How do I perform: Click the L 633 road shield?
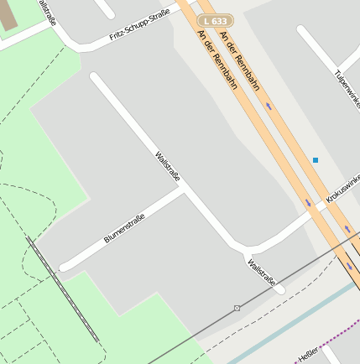coord(216,19)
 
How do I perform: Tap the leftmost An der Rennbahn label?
coord(216,60)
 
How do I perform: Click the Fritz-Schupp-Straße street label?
coord(139,24)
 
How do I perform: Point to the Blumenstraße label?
coord(124,228)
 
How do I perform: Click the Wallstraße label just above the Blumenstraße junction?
coord(168,166)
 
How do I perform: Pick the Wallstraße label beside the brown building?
coord(46,12)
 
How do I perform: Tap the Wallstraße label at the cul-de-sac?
coord(261,273)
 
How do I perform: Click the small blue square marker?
coord(316,159)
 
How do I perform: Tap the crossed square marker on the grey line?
coord(237,309)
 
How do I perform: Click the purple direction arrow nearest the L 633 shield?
coord(269,106)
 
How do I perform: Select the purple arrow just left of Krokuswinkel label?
coord(308,202)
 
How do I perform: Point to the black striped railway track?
coord(63,289)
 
